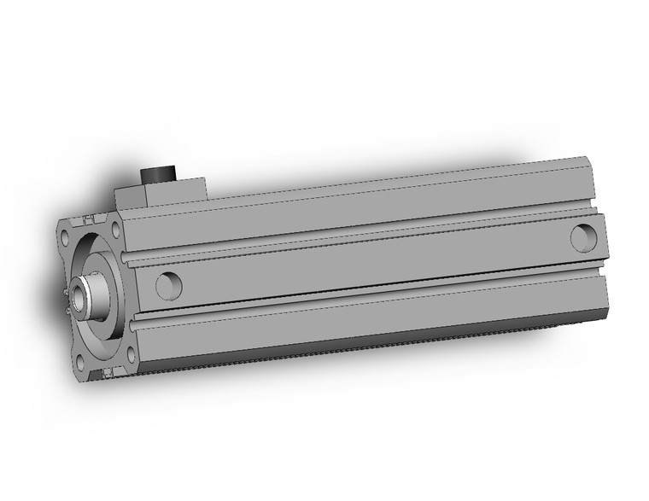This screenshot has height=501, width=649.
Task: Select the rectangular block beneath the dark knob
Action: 162,193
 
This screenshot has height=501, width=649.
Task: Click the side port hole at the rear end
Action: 584,236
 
